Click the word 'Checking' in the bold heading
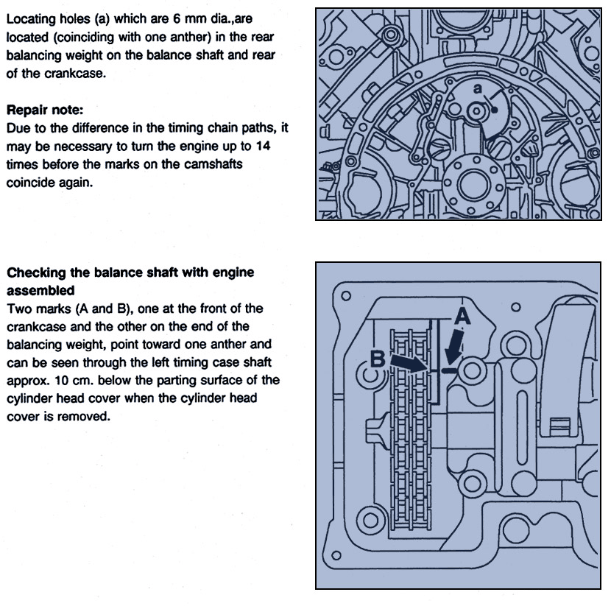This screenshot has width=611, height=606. (36, 272)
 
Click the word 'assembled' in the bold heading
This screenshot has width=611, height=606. (40, 290)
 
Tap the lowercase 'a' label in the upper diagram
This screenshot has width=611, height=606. (477, 88)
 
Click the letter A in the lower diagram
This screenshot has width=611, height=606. (462, 317)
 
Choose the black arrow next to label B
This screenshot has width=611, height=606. (407, 362)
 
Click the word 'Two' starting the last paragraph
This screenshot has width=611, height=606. (18, 309)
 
